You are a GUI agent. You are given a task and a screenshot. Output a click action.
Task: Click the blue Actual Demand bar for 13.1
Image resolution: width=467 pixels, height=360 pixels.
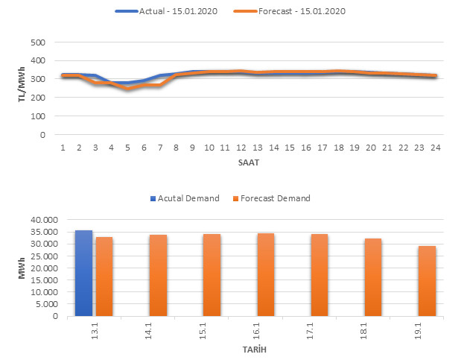[x=83, y=273]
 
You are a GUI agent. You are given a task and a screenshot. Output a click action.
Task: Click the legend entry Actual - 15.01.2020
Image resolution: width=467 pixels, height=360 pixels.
[x=171, y=11]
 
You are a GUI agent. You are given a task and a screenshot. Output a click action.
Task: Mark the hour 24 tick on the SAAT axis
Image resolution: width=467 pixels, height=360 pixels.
[x=435, y=148]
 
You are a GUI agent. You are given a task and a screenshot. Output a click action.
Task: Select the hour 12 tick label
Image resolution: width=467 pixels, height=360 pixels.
[x=241, y=148]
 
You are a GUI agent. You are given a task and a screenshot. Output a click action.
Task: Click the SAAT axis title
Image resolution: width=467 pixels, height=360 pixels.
[x=250, y=162]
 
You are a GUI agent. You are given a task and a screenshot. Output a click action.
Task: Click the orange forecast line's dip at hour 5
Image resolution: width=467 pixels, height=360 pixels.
[x=127, y=88]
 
